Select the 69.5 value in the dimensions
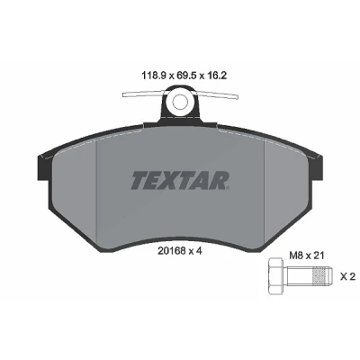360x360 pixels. (187, 76)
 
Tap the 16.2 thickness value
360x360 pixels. (216, 76)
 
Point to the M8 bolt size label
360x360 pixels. (295, 256)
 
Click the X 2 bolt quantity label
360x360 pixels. (347, 276)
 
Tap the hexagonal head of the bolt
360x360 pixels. (275, 276)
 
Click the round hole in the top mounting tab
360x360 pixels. (179, 102)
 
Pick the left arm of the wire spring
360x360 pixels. (142, 94)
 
